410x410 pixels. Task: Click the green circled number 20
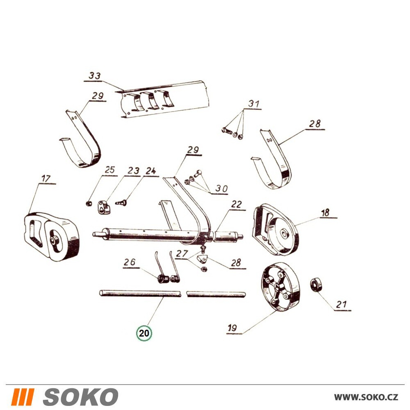pos(144,333)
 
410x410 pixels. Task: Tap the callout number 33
pos(95,76)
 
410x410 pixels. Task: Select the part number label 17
pos(46,178)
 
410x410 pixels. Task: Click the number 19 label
pos(232,328)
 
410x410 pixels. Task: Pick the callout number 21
pos(342,305)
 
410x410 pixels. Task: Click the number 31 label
pos(254,104)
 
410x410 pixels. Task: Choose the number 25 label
pos(110,170)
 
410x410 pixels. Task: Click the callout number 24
pos(150,171)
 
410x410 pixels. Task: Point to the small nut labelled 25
pos(89,203)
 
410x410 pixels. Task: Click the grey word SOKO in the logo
pos(80,397)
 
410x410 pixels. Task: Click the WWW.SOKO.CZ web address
pos(366,397)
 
